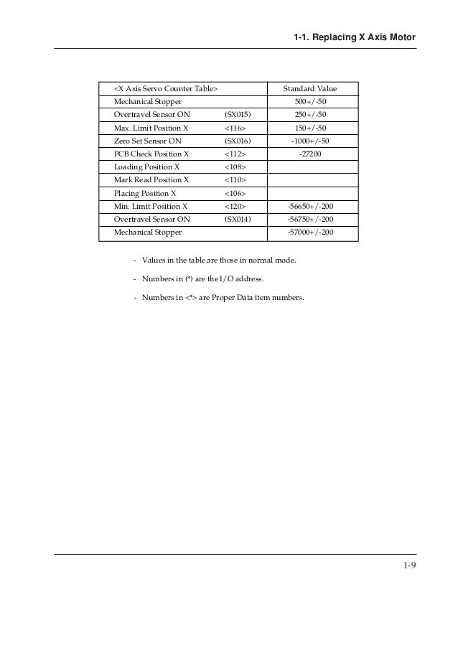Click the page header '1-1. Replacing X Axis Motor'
pyautogui.click(x=355, y=37)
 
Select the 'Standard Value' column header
pyautogui.click(x=309, y=88)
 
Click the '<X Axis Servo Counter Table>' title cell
pyautogui.click(x=166, y=88)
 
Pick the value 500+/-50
pyautogui.click(x=310, y=101)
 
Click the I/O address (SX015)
pyautogui.click(x=238, y=114)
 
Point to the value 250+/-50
pyautogui.click(x=310, y=114)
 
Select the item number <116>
pyautogui.click(x=235, y=128)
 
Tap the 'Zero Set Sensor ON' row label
pyautogui.click(x=148, y=141)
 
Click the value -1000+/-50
pyautogui.click(x=310, y=141)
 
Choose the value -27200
pyautogui.click(x=310, y=154)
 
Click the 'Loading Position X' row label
pyautogui.click(x=146, y=166)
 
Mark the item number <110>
pyautogui.click(x=235, y=179)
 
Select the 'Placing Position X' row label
pyautogui.click(x=145, y=193)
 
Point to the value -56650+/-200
pyautogui.click(x=310, y=206)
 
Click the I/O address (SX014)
pyautogui.click(x=238, y=219)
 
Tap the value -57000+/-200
pyautogui.click(x=310, y=233)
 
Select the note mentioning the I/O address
pyautogui.click(x=209, y=278)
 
